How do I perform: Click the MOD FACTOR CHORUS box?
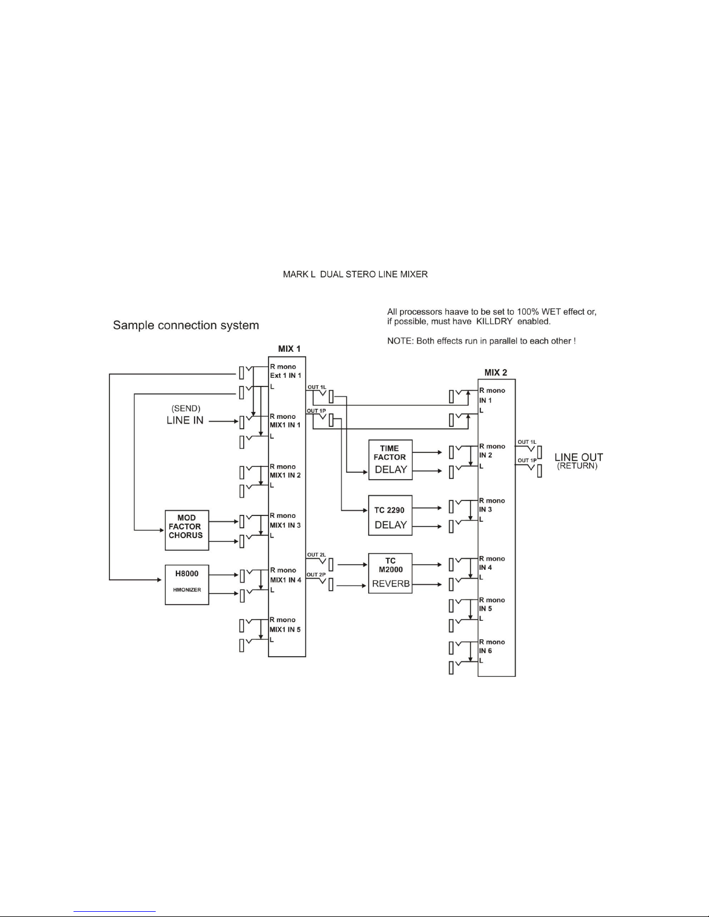pyautogui.click(x=186, y=529)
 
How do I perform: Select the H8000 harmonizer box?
pyautogui.click(x=186, y=584)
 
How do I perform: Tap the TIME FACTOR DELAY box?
pyautogui.click(x=390, y=459)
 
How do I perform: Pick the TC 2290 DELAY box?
pyautogui.click(x=390, y=515)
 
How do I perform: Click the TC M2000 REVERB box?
pyautogui.click(x=390, y=573)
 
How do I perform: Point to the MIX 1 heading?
pyautogui.click(x=289, y=349)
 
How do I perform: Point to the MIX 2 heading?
pyautogui.click(x=495, y=373)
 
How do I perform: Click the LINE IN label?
pyautogui.click(x=185, y=421)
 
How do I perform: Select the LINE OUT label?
pyautogui.click(x=579, y=458)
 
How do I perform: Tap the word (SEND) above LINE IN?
pyautogui.click(x=186, y=409)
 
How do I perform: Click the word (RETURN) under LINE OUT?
pyautogui.click(x=577, y=466)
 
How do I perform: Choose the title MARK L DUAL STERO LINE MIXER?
pyautogui.click(x=355, y=274)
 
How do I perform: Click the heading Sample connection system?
pyautogui.click(x=186, y=325)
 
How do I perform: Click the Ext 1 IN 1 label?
pyautogui.click(x=285, y=375)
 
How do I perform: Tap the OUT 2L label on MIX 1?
pyautogui.click(x=316, y=555)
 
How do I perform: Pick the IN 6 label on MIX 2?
pyautogui.click(x=486, y=651)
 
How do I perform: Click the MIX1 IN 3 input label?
pyautogui.click(x=285, y=525)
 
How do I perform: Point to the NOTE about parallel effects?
pyautogui.click(x=481, y=341)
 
